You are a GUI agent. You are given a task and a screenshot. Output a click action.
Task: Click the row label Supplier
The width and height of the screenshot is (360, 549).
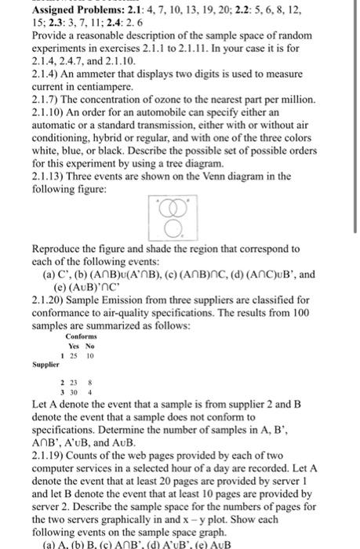coord(45,365)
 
